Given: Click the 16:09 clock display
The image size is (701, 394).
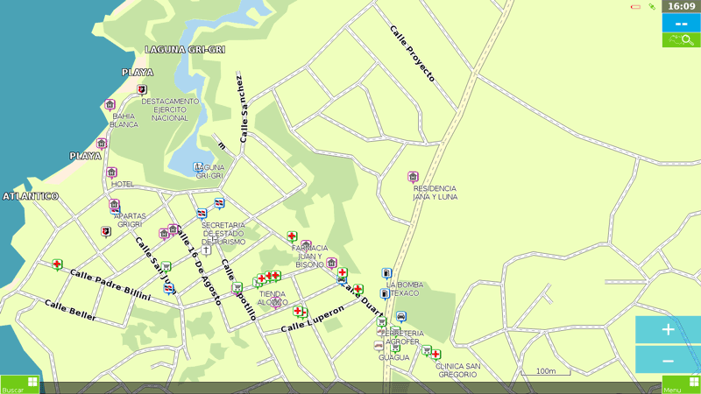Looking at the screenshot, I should point(681,6).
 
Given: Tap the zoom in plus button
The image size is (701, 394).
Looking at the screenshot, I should point(668,330).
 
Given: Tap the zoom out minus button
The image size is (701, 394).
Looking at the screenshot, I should point(668,361).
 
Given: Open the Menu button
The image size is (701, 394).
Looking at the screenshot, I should point(681,385).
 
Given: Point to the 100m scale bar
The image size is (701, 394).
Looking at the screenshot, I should point(545,372).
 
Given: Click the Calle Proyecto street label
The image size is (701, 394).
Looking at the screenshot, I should point(412,53).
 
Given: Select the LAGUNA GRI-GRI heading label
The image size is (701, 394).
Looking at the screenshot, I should point(185,50).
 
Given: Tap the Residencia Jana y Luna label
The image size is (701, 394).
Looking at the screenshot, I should point(435,193).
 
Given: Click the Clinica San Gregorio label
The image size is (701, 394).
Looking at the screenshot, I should point(457,369).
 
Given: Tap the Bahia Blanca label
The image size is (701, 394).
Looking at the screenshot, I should point(124,120).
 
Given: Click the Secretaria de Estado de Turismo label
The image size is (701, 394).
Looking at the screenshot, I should point(224,233).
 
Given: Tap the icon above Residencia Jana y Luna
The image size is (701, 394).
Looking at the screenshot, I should point(413,177).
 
